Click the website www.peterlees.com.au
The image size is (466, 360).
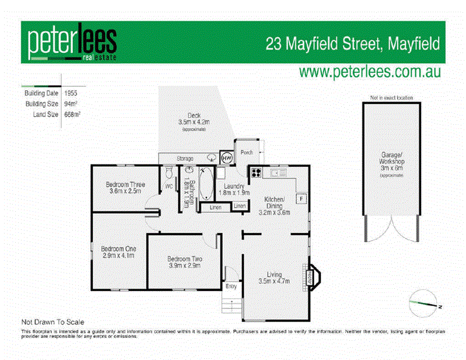coord(370,72)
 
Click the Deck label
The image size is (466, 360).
coord(194,115)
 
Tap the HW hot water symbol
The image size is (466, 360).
coord(226,157)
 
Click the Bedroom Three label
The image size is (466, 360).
coord(125,184)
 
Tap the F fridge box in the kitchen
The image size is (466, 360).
coord(301,199)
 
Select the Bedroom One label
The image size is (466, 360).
coord(118,249)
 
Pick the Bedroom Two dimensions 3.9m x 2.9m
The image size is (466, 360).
coord(184,265)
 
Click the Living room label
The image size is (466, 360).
coord(274,274)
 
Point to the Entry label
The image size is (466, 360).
coord(231,286)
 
